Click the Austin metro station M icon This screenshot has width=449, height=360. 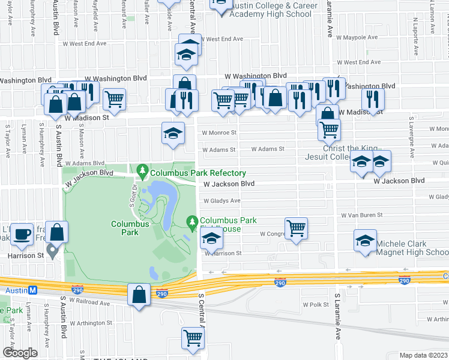tap(34, 289)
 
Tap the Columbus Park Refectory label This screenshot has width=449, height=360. tap(197, 173)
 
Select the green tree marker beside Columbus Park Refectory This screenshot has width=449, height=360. tap(143, 172)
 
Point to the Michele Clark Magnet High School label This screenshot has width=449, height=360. tap(412, 248)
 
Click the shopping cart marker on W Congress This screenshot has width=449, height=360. tap(296, 228)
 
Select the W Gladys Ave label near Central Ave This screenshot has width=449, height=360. tap(221, 201)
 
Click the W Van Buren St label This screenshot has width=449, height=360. tap(361, 214)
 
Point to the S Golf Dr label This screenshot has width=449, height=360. tap(132, 196)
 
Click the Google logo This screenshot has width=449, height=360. tap(20, 353)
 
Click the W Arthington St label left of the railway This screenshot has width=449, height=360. tap(91, 323)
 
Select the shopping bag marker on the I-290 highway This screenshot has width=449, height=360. tap(139, 295)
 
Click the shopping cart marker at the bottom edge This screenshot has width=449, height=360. tap(193, 338)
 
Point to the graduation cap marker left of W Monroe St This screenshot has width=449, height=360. tap(173, 133)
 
